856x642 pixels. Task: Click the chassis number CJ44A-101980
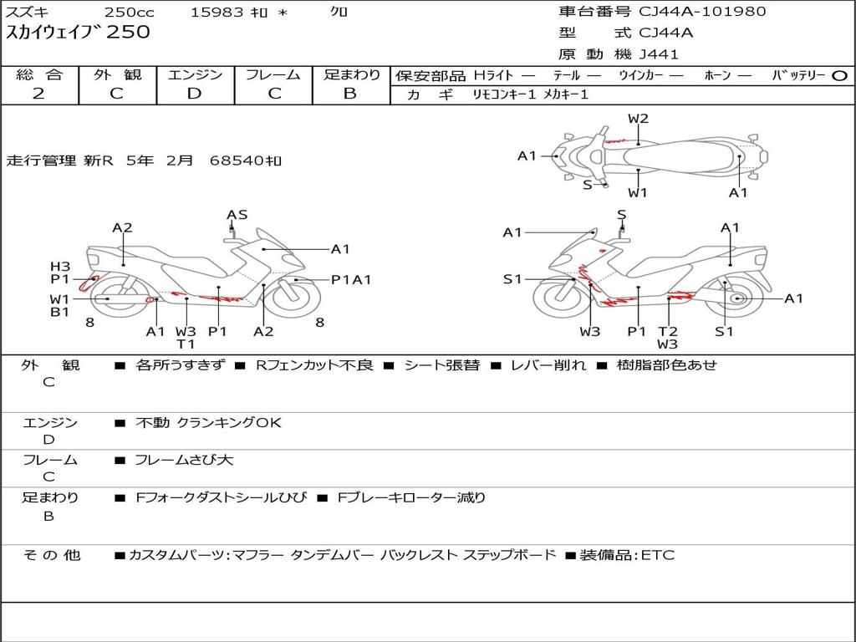click(x=702, y=12)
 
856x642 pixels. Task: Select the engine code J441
click(x=659, y=54)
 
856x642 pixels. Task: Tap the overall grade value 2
click(x=38, y=94)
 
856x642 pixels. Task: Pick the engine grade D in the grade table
click(x=194, y=94)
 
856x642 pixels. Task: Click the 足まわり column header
click(x=351, y=74)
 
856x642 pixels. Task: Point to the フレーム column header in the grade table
click(x=273, y=74)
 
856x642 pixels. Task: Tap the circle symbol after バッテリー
click(x=838, y=75)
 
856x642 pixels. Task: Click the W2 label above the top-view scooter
click(x=638, y=119)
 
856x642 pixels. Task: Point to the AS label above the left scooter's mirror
click(x=237, y=215)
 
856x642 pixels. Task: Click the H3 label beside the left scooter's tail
click(x=59, y=266)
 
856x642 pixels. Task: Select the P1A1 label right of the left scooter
click(x=351, y=280)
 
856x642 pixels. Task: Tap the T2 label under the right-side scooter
click(x=667, y=331)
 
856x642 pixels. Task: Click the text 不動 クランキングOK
click(x=208, y=423)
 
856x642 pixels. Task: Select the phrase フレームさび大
click(x=184, y=460)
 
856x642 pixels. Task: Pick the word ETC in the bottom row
click(x=658, y=555)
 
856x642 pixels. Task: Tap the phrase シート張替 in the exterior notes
click(x=442, y=365)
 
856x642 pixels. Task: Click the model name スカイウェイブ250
click(x=79, y=33)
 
